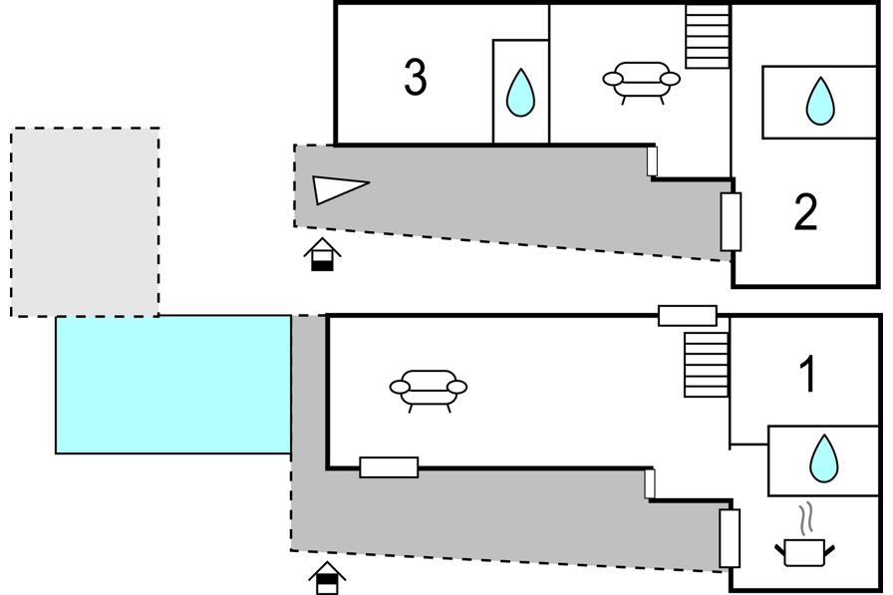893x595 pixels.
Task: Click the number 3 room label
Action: click(416, 77)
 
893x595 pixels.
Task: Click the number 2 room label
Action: click(806, 212)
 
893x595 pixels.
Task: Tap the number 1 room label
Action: click(808, 374)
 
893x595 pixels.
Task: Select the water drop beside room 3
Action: click(520, 93)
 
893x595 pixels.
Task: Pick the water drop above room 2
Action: click(820, 101)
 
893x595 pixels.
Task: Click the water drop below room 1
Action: click(824, 458)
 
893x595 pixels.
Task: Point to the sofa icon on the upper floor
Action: click(641, 83)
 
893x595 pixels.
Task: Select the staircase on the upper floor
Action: click(708, 37)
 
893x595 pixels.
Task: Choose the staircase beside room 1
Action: click(707, 365)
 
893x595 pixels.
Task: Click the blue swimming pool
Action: click(173, 385)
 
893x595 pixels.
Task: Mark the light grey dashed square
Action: click(85, 222)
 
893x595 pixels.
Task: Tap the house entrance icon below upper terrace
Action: click(322, 254)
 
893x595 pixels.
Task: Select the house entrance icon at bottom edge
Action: click(328, 578)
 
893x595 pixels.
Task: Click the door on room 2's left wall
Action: click(732, 221)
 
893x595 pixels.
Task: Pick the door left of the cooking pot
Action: click(730, 538)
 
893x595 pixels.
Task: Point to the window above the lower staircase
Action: click(688, 315)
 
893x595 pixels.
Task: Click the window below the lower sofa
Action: click(389, 467)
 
